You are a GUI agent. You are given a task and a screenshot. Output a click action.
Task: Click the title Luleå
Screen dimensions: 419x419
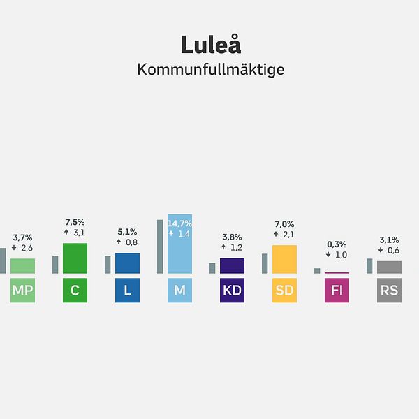click(211, 44)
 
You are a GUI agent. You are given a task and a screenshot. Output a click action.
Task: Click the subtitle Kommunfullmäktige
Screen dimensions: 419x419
click(211, 71)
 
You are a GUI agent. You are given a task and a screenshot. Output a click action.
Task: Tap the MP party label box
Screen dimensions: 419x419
click(23, 291)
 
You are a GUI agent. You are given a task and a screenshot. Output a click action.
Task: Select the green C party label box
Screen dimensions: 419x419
click(75, 291)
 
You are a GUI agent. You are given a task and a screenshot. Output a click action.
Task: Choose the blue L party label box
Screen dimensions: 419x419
click(127, 291)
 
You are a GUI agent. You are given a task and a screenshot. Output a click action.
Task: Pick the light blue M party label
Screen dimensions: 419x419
click(179, 291)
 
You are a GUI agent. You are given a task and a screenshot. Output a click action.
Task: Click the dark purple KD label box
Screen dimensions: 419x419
click(232, 291)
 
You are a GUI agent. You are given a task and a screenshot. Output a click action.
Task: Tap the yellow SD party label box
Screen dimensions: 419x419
click(284, 291)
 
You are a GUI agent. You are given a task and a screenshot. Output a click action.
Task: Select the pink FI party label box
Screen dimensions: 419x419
click(337, 291)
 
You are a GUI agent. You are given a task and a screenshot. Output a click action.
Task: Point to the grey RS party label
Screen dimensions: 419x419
click(389, 291)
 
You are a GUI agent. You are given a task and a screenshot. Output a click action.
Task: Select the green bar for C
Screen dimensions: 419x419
click(75, 258)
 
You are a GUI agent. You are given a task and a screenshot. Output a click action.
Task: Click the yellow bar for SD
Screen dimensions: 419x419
click(284, 259)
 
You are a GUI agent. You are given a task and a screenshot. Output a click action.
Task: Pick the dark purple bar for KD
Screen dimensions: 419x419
click(232, 266)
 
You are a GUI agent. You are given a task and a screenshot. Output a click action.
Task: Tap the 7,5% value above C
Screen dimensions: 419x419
click(75, 221)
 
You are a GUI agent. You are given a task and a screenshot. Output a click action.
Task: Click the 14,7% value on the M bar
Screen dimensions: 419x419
click(179, 223)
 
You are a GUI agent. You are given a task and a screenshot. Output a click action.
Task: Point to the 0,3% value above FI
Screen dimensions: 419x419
click(337, 244)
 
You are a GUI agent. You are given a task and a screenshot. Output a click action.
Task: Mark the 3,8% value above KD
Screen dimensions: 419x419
click(232, 236)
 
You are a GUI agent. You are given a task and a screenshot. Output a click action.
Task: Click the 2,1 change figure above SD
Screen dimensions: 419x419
click(288, 234)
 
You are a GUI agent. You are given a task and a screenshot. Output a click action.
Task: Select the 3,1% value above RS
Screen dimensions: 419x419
click(389, 240)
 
